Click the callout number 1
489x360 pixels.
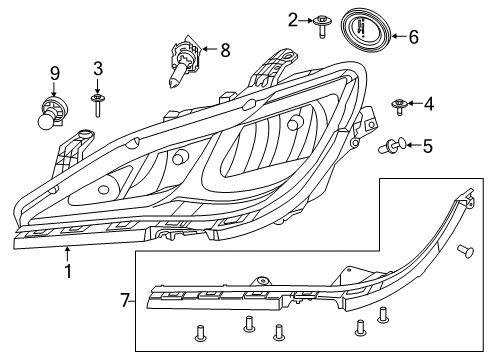tap(67, 272)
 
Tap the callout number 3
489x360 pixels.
tap(97, 69)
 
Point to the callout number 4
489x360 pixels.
tap(428, 103)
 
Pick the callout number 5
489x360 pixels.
tap(427, 146)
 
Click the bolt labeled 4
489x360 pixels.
tap(400, 104)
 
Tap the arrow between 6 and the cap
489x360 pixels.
tap(396, 37)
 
